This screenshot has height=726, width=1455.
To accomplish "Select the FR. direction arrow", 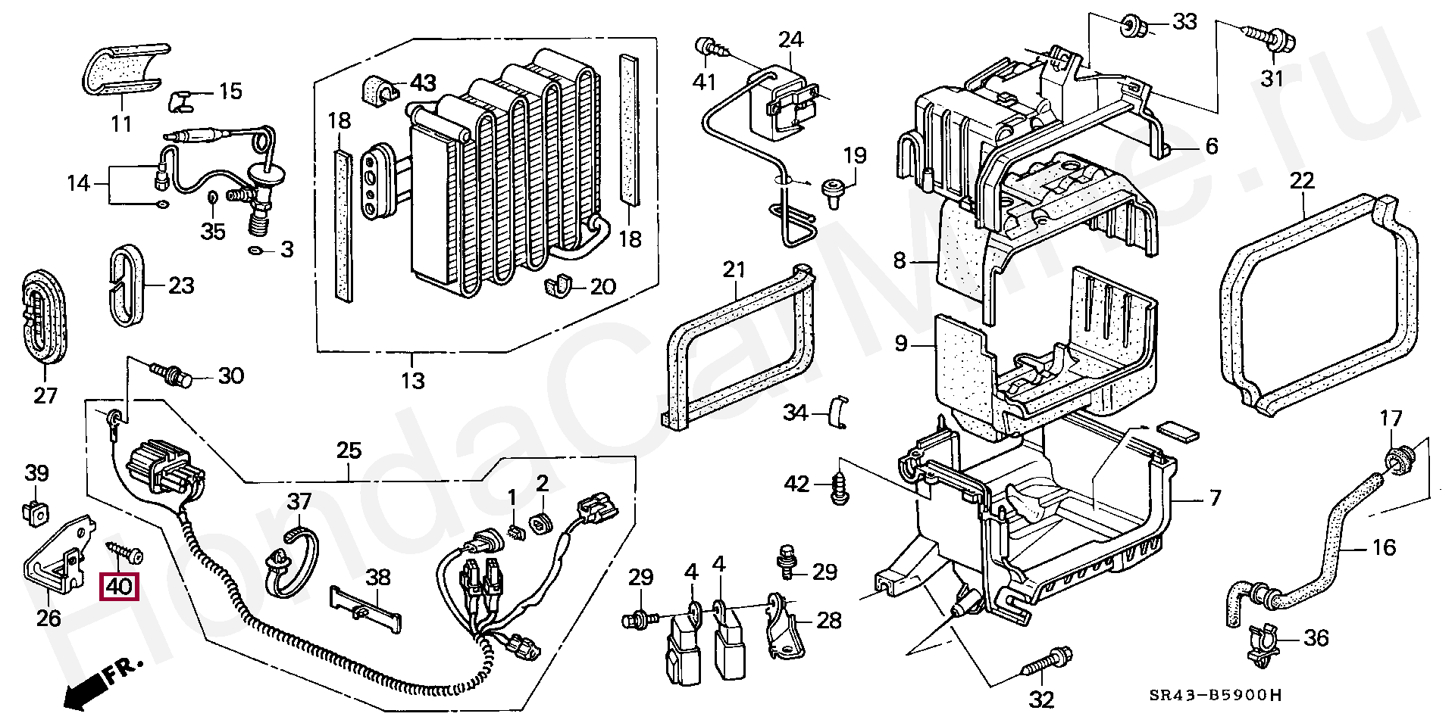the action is [x=102, y=684].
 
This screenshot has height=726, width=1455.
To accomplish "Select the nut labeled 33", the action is [x=1130, y=25].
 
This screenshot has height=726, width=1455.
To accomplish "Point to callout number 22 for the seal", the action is [x=1302, y=182].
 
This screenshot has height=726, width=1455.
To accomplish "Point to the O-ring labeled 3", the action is [x=257, y=250].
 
